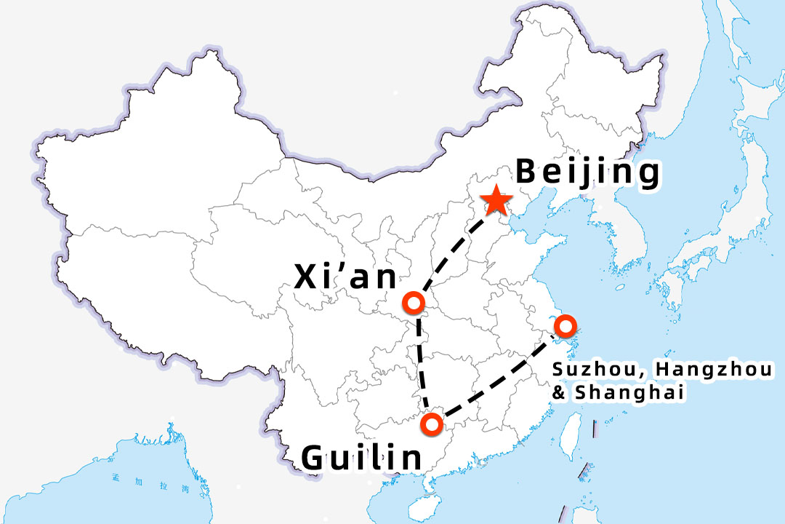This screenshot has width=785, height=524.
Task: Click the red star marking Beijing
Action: [496, 200]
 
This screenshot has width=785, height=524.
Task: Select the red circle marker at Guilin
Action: [432, 423]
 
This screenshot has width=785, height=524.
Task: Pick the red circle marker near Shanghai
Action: [565, 325]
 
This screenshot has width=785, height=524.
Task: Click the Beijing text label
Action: [588, 173]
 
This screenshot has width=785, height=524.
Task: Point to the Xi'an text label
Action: [346, 277]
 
